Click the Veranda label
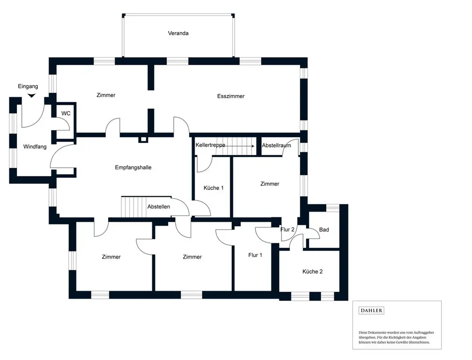pos(178,33)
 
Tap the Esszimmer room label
pos(231,96)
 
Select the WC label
pos(66,114)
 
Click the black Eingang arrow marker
pos(31,96)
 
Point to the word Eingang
pos(28,86)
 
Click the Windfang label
pos(35,147)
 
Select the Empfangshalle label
pos(133,167)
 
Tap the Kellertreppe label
pos(211,145)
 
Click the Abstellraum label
pos(277,145)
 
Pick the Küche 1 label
pos(213,188)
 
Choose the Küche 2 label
pos(312,272)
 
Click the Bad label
pos(324,230)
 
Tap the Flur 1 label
pos(255,255)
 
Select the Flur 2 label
pos(287,230)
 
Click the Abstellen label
pos(159,207)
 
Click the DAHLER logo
pos(371,310)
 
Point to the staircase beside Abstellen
pos(132,207)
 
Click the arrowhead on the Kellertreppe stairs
pos(253,146)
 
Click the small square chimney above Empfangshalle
pos(143,139)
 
